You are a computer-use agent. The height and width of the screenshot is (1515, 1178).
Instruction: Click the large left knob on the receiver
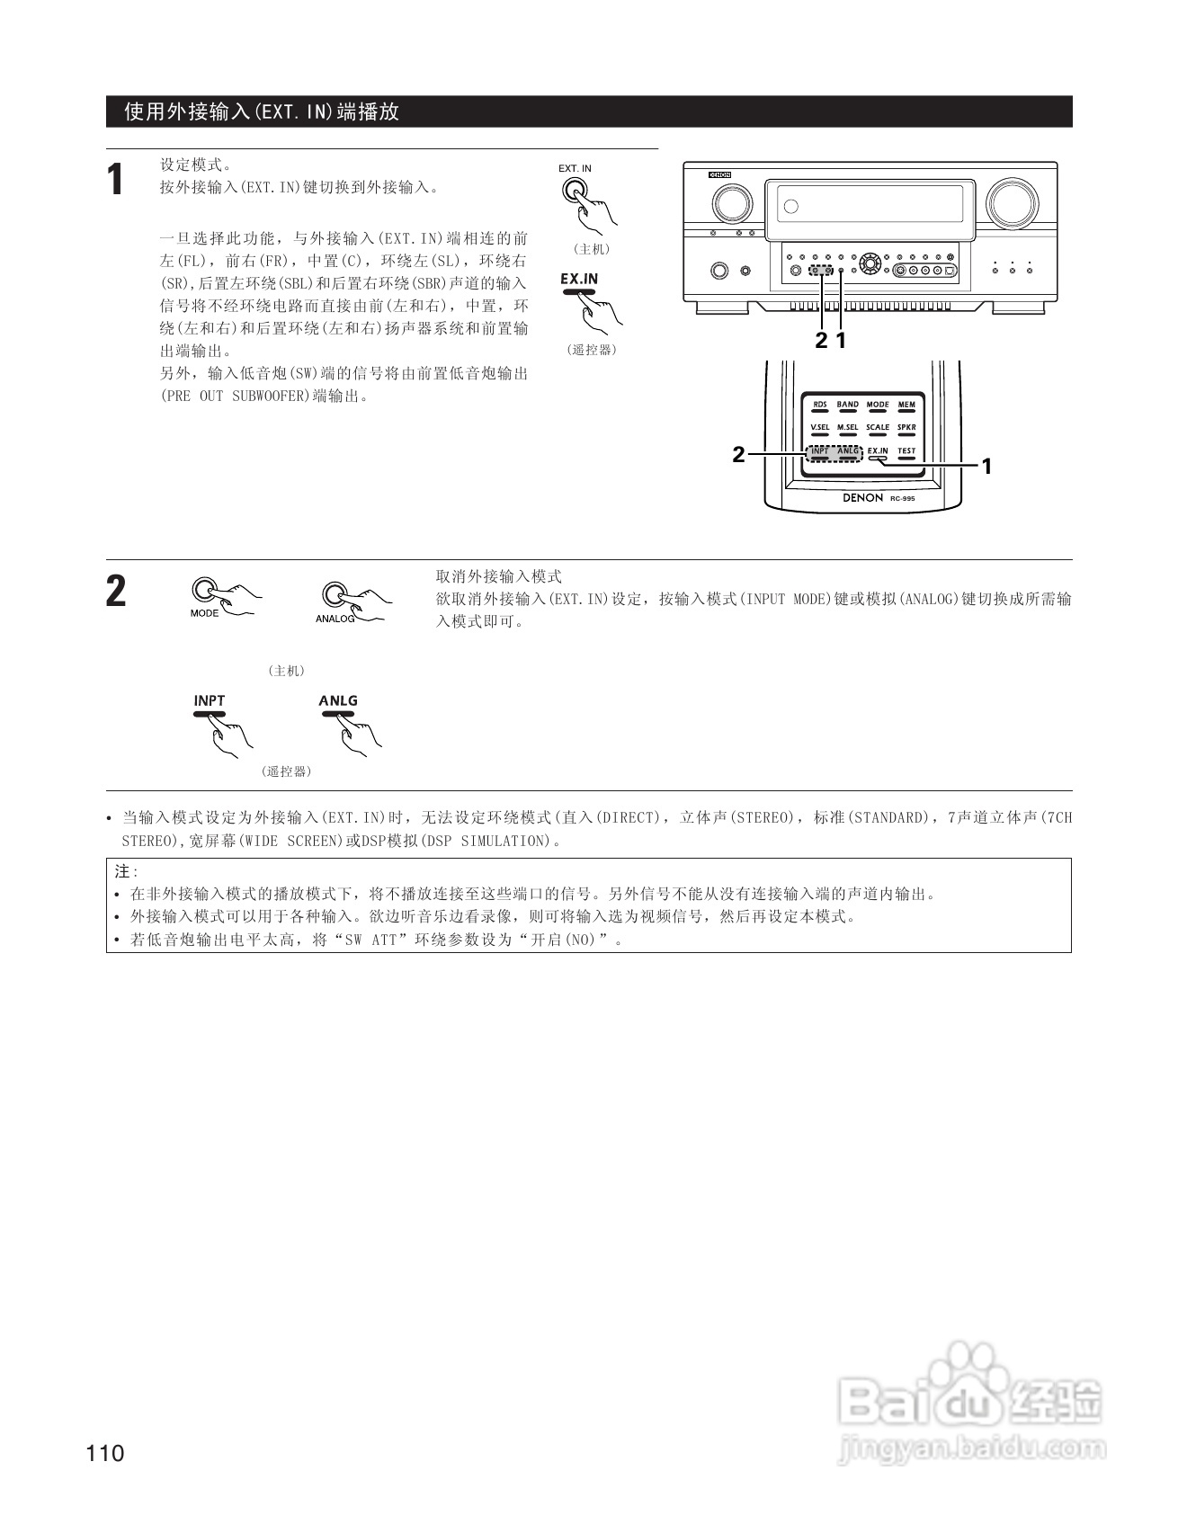point(731,204)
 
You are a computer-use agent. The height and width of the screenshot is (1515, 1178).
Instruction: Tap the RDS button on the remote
point(819,406)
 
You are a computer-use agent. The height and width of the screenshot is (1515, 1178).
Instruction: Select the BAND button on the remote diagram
point(847,406)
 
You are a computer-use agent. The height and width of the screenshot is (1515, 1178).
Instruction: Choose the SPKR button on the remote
point(906,430)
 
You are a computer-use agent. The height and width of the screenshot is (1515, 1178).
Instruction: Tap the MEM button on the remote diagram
point(906,406)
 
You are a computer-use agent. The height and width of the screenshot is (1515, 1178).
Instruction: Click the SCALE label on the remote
point(878,428)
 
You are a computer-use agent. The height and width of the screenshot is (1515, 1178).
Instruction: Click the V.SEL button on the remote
point(819,430)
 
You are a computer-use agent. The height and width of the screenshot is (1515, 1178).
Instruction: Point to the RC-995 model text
point(902,497)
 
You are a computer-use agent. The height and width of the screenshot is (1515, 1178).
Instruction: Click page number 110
point(106,1453)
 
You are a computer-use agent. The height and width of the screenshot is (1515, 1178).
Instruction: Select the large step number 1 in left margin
point(115,180)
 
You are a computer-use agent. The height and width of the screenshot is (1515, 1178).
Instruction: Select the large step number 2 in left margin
point(116,593)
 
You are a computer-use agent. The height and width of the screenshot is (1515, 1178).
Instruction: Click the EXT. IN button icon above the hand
point(573,191)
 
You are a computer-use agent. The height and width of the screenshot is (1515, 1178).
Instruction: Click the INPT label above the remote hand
point(210,700)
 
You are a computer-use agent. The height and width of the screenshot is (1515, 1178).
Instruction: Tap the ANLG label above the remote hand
point(338,700)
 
